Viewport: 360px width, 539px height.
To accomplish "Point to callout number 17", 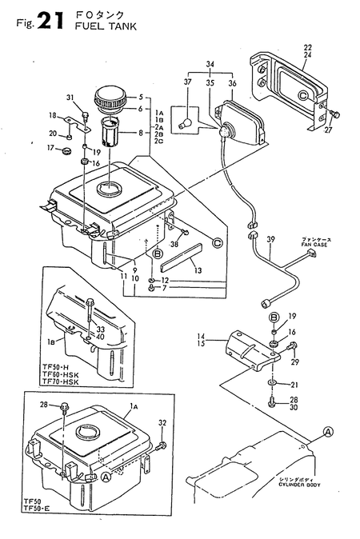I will click(x=49, y=148).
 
